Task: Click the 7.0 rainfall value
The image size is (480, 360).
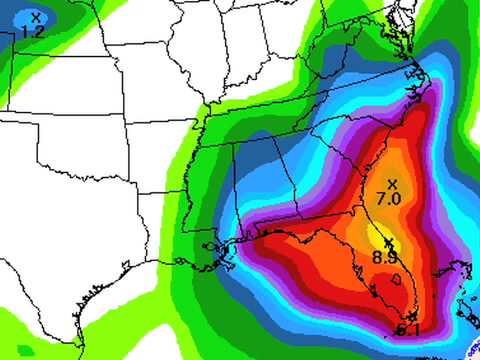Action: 389,198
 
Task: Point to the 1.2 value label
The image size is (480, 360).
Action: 33,32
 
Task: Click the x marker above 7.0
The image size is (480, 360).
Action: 392,183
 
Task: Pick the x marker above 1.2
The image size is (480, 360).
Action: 36,17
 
